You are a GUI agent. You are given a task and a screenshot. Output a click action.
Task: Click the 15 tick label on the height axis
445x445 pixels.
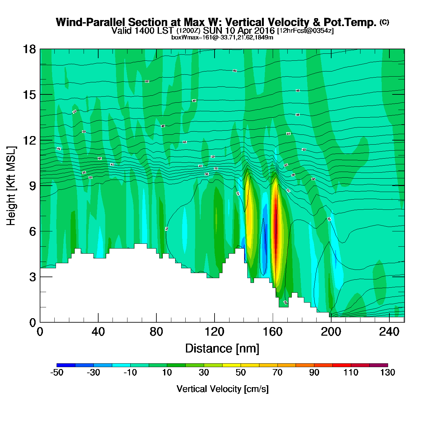click(29, 95)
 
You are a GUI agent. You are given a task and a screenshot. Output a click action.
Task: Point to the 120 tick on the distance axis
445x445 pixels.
click(215, 332)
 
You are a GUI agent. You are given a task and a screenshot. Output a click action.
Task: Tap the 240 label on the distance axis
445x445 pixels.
click(389, 332)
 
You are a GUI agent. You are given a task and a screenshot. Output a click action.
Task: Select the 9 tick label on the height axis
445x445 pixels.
click(32, 186)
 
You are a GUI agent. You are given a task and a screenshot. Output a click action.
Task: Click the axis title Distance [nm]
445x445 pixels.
click(222, 348)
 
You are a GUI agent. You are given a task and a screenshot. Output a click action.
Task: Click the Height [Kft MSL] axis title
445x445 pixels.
click(11, 186)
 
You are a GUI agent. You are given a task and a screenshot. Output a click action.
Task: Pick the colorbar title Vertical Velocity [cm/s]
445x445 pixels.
click(222, 389)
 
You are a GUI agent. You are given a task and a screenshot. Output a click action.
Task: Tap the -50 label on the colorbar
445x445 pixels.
click(57, 373)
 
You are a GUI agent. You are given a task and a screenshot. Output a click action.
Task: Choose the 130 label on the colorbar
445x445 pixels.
click(387, 373)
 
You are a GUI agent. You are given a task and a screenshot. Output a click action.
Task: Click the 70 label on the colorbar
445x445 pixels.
click(277, 373)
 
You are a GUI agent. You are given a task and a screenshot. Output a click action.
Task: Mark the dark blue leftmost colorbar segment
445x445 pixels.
click(66, 365)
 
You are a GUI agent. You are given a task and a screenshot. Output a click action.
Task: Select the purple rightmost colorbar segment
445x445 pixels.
click(379, 365)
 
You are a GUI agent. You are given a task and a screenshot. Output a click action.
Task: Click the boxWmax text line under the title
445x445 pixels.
click(222, 38)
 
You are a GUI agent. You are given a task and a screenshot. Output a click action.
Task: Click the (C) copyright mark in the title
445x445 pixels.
click(384, 22)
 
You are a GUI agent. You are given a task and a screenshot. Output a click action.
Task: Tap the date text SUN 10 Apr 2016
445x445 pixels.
click(239, 31)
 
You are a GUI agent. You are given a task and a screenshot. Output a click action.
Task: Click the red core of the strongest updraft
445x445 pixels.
click(276, 235)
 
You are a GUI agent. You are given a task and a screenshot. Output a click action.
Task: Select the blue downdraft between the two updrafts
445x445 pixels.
click(264, 245)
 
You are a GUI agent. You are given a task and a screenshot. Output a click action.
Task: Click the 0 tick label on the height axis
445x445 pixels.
click(32, 323)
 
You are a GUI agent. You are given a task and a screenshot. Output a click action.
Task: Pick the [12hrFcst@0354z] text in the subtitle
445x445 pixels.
click(305, 31)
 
